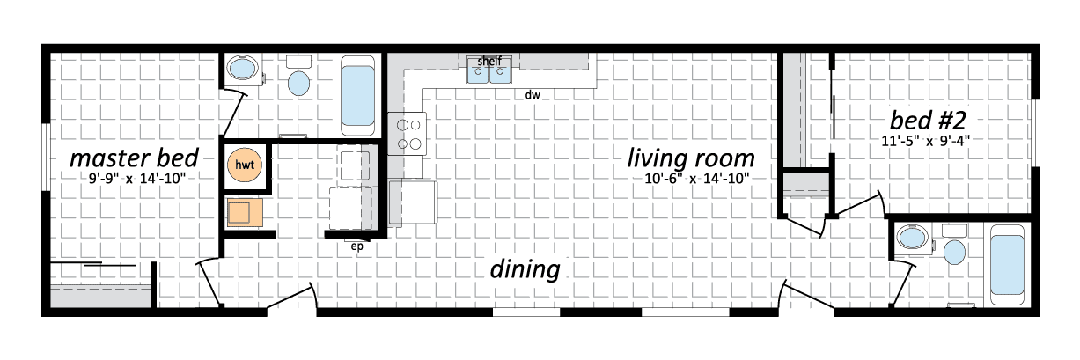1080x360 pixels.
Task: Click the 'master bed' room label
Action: pyautogui.click(x=135, y=158)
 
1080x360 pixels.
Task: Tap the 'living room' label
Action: pyautogui.click(x=691, y=158)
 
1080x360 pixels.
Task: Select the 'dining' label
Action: pyautogui.click(x=525, y=269)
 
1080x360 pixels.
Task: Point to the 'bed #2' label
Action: pyautogui.click(x=928, y=121)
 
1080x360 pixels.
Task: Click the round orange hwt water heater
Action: pyautogui.click(x=245, y=165)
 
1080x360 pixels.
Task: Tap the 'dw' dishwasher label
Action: pyautogui.click(x=533, y=95)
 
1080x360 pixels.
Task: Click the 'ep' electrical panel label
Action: pyautogui.click(x=356, y=246)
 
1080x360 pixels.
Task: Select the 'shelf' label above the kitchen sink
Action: pyautogui.click(x=489, y=62)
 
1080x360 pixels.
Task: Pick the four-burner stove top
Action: pyautogui.click(x=408, y=134)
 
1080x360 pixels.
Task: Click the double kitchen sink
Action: pyautogui.click(x=489, y=70)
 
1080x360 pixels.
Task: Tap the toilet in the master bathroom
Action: pyautogui.click(x=298, y=77)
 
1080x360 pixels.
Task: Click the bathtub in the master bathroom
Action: pyautogui.click(x=357, y=96)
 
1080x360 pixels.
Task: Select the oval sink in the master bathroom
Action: pyautogui.click(x=243, y=68)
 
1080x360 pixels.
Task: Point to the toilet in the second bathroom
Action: pyautogui.click(x=954, y=245)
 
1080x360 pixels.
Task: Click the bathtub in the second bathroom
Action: pyautogui.click(x=1007, y=265)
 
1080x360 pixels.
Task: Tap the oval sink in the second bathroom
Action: pyautogui.click(x=913, y=238)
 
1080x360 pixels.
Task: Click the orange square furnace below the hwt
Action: pyautogui.click(x=245, y=212)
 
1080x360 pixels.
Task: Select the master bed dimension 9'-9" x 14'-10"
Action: pyautogui.click(x=137, y=180)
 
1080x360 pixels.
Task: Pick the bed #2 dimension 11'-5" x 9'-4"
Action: pyautogui.click(x=926, y=141)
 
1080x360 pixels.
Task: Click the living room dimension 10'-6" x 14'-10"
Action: pyautogui.click(x=697, y=180)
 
